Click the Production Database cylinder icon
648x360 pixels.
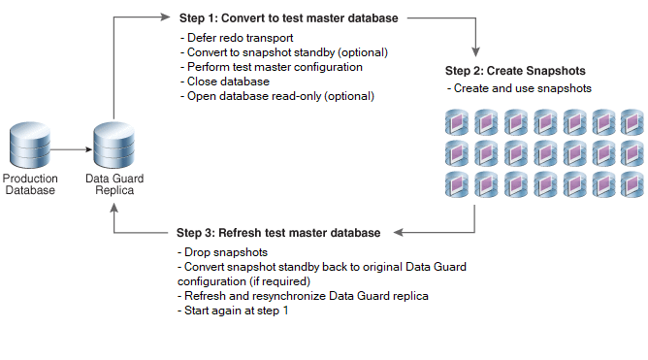30,145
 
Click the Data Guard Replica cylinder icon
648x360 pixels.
114,145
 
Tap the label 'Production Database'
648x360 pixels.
30,184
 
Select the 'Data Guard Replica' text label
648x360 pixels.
114,184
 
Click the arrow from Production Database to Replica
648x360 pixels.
71,149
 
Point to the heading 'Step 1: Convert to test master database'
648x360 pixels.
288,18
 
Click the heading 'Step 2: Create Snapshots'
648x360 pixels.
515,71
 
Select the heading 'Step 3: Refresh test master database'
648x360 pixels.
278,233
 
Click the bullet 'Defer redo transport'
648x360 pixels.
237,38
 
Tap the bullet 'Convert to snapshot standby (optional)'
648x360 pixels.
284,52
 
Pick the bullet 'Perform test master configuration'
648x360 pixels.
271,67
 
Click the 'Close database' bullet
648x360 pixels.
225,82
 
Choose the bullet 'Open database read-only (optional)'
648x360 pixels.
276,96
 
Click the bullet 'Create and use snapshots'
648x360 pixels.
519,88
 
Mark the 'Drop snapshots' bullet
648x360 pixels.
222,252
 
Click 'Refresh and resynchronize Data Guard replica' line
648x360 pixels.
303,296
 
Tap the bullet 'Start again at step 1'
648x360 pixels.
233,311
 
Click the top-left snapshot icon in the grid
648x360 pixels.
457,122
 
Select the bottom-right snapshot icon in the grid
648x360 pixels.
632,184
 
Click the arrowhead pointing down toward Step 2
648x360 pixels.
475,52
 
